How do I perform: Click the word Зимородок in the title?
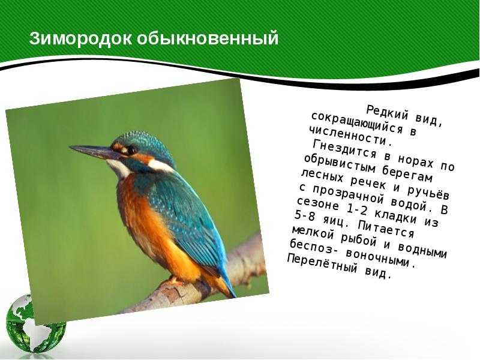81,38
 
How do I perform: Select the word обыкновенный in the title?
208,39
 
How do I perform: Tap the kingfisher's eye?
132,149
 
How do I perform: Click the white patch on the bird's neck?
160,166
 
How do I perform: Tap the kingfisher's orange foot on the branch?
174,280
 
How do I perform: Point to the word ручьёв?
428,192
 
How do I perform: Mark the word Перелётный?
322,263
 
